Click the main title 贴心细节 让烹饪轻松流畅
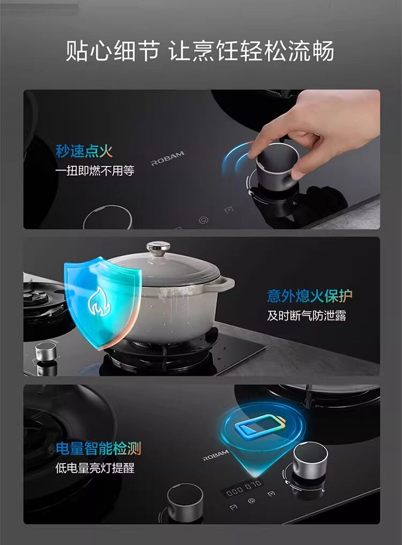(x=200, y=51)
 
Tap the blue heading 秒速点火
(x=84, y=151)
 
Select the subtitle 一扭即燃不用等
(x=94, y=170)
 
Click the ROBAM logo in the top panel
(x=167, y=159)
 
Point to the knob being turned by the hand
(x=277, y=165)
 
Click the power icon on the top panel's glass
(x=204, y=220)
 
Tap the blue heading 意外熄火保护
(x=309, y=295)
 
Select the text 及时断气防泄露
(x=307, y=316)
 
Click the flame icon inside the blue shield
(x=99, y=301)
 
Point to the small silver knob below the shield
(x=46, y=352)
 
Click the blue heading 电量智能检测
(x=99, y=449)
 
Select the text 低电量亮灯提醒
(x=94, y=468)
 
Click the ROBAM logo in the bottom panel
(x=216, y=455)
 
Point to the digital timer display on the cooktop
(x=242, y=488)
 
